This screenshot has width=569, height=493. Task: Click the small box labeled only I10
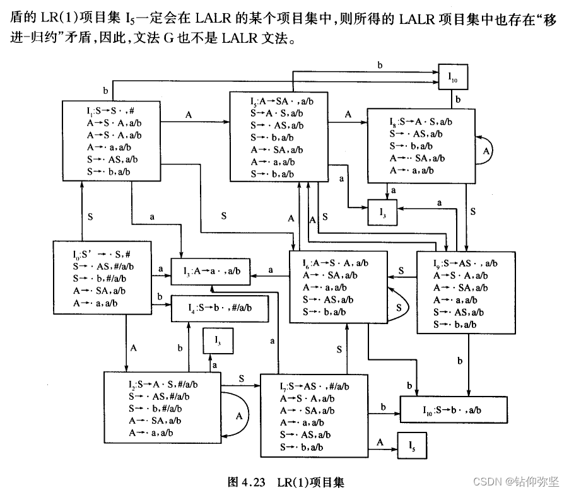click(x=453, y=77)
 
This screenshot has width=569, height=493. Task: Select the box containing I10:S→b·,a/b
click(x=453, y=409)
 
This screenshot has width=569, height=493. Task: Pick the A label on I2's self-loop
click(x=239, y=415)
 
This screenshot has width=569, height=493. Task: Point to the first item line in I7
click(x=314, y=386)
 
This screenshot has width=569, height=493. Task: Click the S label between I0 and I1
click(x=90, y=217)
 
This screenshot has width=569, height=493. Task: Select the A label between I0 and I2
click(x=134, y=347)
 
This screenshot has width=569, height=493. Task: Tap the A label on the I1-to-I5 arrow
click(x=189, y=115)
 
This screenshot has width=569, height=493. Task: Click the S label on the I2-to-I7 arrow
click(x=242, y=378)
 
